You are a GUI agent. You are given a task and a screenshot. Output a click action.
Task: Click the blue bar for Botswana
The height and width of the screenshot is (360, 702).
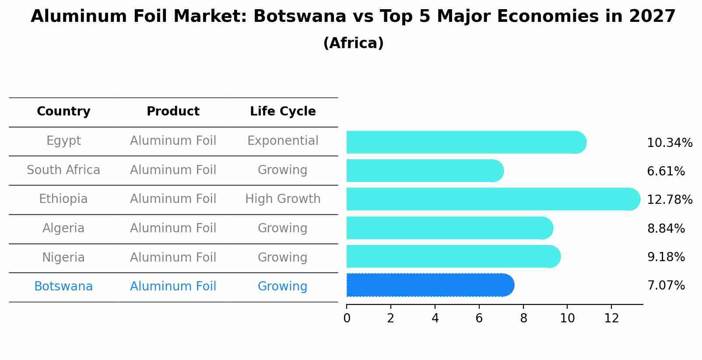[429, 285]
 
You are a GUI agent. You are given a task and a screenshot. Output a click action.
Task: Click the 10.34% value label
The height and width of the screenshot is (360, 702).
[669, 143]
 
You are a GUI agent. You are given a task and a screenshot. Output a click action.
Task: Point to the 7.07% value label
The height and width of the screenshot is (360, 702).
[666, 286]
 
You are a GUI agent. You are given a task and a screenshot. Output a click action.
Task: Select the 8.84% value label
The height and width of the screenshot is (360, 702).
[666, 228]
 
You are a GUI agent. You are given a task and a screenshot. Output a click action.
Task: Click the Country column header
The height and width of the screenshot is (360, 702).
[63, 112]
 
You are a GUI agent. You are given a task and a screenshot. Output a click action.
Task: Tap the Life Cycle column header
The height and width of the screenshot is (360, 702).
[283, 112]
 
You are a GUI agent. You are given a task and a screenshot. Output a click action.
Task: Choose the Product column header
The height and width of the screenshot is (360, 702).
[173, 112]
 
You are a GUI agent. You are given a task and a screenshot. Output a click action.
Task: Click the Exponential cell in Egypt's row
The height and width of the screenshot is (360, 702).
[283, 141]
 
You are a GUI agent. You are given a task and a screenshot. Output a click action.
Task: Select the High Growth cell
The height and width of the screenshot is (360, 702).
[283, 199]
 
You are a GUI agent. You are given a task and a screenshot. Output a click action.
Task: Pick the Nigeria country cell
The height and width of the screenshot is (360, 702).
[63, 257]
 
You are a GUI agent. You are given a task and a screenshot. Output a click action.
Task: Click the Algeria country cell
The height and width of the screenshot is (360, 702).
[63, 228]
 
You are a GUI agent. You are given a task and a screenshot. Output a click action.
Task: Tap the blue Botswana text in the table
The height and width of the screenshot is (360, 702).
[63, 287]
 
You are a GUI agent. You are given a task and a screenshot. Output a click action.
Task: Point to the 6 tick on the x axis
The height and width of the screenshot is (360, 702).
[479, 318]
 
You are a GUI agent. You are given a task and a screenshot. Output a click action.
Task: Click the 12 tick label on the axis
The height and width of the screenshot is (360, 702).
[611, 318]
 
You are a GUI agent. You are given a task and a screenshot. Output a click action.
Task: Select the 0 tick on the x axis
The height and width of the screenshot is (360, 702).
[347, 318]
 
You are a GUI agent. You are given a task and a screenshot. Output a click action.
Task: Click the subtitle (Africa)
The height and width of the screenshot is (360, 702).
[353, 43]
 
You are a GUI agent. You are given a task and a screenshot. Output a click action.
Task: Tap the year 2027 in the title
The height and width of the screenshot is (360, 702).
[652, 17]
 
